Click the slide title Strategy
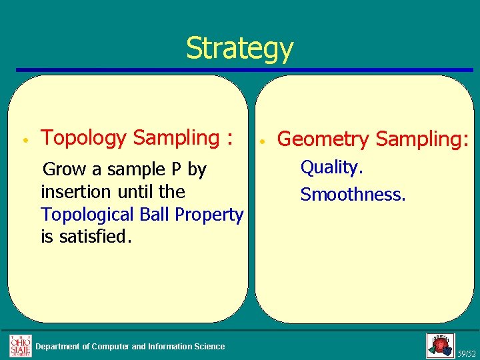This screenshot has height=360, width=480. pos(239,49)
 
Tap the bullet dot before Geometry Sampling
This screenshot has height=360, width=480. pos(263,141)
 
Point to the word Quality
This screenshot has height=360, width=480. pos(331,167)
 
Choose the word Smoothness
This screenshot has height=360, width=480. pos(353,195)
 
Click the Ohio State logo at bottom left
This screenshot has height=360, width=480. pos(20,345)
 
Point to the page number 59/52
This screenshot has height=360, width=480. pos(467,353)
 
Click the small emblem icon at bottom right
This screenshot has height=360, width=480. pos(440,345)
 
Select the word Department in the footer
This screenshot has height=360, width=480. pos(62,346)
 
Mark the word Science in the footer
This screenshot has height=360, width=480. pos(209,346)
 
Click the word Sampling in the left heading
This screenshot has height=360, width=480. pos(175,138)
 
